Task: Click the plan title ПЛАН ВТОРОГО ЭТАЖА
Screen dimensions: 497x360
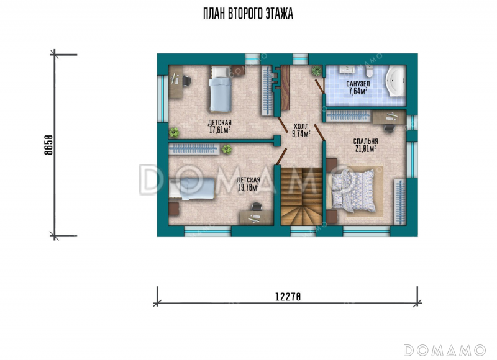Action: click(248, 14)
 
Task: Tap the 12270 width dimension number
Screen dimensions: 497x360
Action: click(288, 297)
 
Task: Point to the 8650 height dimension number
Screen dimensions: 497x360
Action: click(48, 145)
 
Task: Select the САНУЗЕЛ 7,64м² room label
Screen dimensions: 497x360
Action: click(358, 88)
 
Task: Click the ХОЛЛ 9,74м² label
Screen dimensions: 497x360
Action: click(301, 130)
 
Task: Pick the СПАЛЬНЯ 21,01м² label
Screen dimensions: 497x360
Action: click(365, 145)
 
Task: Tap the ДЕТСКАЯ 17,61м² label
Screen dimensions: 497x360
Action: click(219, 127)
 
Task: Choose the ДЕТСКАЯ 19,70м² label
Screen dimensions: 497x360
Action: click(248, 184)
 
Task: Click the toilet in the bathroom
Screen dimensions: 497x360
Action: click(369, 71)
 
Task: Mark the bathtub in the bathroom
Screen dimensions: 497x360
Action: click(395, 82)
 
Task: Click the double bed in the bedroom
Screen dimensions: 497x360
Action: click(353, 191)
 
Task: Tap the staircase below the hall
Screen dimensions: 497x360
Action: click(301, 196)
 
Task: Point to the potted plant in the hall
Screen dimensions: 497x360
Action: click(316, 71)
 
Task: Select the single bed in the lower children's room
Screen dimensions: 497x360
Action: click(192, 189)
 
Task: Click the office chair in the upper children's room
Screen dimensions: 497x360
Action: click(187, 81)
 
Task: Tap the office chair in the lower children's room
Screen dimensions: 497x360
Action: click(256, 207)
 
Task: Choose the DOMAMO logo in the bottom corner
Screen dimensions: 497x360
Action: click(444, 350)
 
